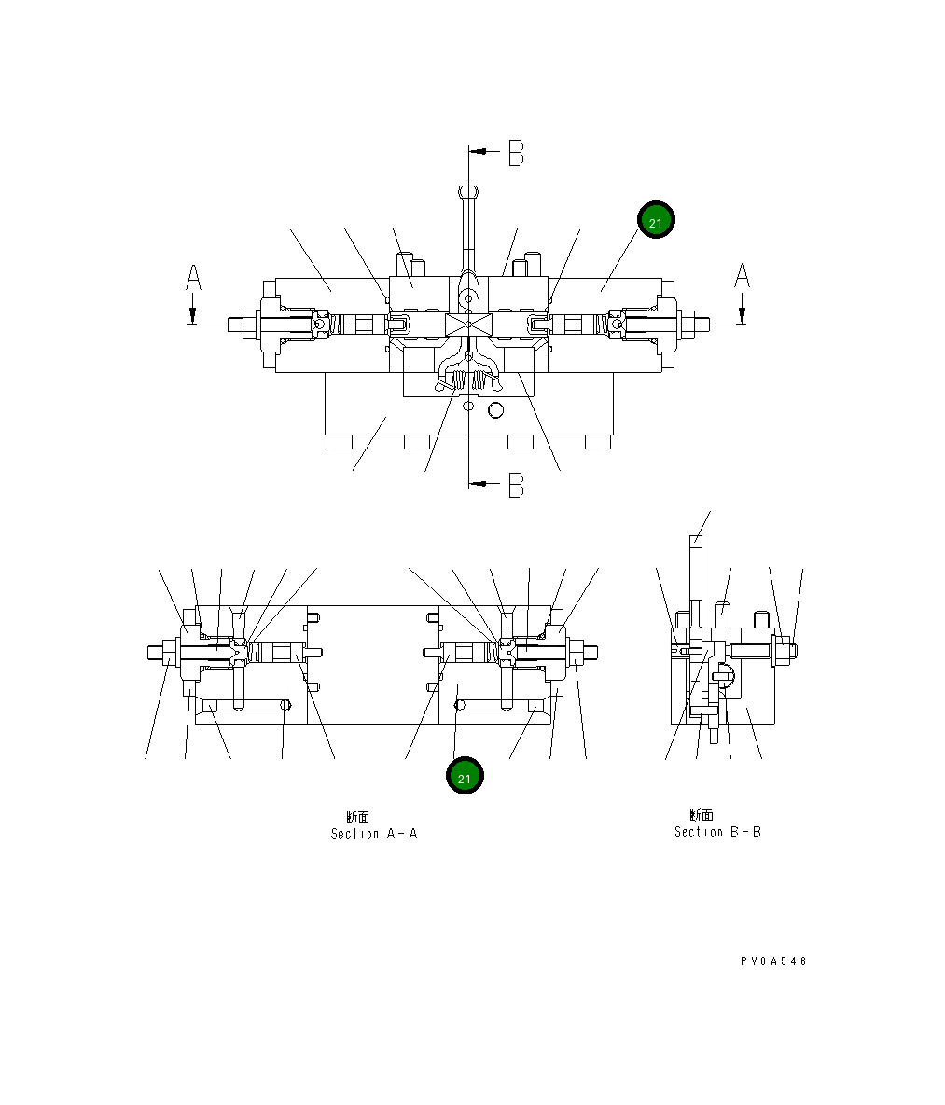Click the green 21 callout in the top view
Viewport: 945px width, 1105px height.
655,220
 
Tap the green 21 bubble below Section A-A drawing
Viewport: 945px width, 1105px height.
465,776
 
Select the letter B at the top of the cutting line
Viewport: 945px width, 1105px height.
516,154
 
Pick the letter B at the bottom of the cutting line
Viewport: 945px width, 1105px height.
516,485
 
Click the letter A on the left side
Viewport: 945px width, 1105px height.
193,278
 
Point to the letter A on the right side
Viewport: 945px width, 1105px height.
742,276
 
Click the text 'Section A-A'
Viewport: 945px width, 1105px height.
373,834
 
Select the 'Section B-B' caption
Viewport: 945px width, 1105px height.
717,832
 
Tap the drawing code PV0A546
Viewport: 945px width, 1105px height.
773,961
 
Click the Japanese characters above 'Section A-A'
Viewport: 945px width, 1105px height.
357,817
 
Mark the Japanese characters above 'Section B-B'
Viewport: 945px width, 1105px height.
701,815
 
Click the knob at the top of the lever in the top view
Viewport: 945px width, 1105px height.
468,192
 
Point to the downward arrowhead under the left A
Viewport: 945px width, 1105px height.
192,315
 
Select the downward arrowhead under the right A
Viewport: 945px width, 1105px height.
742,315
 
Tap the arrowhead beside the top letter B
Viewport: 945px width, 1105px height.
479,150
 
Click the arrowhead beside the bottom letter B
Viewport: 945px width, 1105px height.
479,483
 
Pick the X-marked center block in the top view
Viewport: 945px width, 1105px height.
468,325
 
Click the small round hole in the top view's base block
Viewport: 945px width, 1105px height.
495,409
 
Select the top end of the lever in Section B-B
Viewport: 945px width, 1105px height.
695,540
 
